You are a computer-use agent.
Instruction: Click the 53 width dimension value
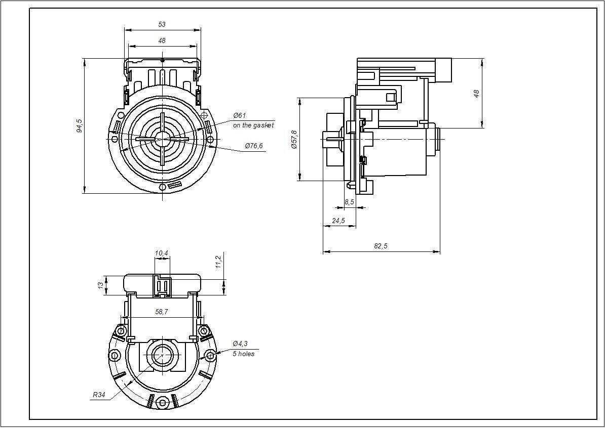click(162, 24)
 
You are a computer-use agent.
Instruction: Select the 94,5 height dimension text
click(80, 125)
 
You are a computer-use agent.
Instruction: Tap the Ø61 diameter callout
click(239, 116)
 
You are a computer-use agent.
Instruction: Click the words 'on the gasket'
click(253, 125)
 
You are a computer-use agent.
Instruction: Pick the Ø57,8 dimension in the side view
click(294, 139)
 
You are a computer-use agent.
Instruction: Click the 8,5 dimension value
click(349, 202)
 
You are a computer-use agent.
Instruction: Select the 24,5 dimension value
click(338, 221)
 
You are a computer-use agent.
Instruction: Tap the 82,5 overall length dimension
click(381, 246)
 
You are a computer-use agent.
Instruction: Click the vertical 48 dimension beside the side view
click(476, 94)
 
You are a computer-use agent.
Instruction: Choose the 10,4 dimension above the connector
click(162, 252)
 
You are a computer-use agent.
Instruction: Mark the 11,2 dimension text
click(218, 262)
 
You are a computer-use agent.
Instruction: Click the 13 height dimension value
click(101, 285)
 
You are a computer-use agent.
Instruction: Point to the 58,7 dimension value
click(162, 313)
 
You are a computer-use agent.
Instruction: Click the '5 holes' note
click(243, 354)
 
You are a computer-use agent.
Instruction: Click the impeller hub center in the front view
click(162, 138)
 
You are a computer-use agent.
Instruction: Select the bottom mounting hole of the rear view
click(162, 403)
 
